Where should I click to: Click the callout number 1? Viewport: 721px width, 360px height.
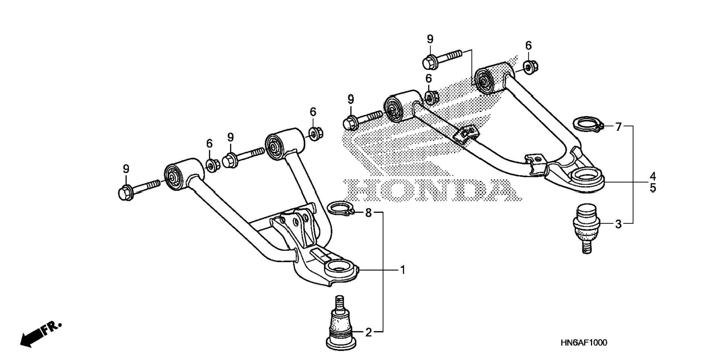click(x=402, y=269)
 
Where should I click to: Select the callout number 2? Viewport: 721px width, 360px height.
click(x=368, y=332)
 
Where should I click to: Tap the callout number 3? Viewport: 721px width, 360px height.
click(x=618, y=224)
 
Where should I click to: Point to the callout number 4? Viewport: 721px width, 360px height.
click(x=652, y=176)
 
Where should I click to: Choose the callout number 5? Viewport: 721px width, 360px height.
click(x=652, y=188)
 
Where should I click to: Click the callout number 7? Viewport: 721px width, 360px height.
click(x=618, y=127)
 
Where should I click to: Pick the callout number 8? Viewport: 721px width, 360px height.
click(x=368, y=213)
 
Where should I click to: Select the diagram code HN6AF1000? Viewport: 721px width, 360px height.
click(x=583, y=342)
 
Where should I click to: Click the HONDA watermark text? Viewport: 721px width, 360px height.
click(x=429, y=190)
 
